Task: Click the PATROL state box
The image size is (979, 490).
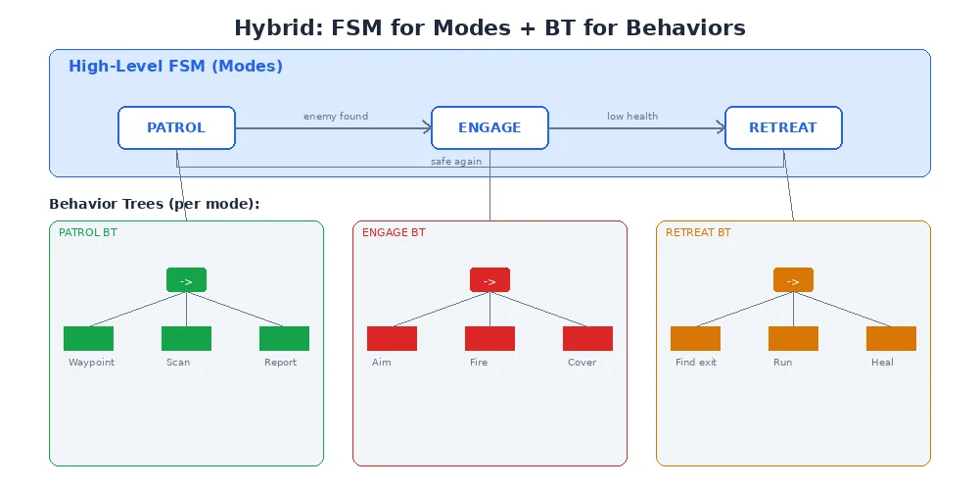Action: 176,127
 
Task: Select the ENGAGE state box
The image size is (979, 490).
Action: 489,127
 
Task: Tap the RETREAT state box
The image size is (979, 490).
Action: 783,127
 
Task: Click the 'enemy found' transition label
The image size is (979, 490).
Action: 336,116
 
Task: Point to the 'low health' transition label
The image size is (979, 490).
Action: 632,116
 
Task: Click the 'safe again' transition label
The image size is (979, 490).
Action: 456,161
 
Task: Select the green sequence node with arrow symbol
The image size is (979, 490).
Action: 186,280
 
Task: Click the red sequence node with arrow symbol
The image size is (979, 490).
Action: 489,280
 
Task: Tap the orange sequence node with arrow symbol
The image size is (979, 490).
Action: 793,280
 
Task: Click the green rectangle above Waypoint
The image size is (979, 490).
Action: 88,338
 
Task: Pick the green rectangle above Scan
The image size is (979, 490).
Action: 186,338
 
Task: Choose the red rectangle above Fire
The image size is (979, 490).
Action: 489,338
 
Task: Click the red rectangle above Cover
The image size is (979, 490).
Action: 587,338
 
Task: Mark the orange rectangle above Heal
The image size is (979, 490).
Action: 891,338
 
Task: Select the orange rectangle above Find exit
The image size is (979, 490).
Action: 695,338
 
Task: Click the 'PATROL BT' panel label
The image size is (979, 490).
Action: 87,232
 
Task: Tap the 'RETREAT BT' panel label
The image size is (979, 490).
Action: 698,232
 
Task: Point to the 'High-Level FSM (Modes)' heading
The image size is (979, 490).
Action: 175,67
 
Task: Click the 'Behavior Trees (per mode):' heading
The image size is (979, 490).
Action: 154,204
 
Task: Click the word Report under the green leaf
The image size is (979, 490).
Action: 280,363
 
